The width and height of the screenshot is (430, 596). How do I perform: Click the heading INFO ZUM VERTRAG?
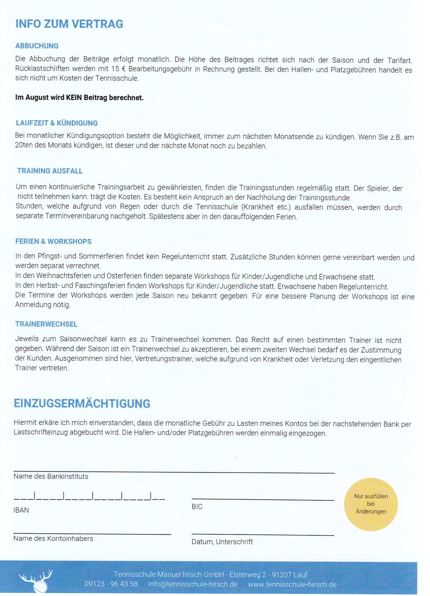[69, 24]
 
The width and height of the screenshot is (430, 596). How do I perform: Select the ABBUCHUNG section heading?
[37, 46]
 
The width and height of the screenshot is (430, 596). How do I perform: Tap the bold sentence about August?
[79, 98]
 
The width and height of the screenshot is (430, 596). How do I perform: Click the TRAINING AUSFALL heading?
[50, 171]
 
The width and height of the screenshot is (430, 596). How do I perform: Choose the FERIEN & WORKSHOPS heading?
[53, 241]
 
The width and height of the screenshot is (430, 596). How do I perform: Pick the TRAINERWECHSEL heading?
[46, 324]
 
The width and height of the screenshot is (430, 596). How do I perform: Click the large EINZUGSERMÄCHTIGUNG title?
[82, 403]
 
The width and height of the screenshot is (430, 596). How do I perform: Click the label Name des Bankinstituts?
[51, 476]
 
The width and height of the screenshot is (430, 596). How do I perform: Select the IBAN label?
[21, 510]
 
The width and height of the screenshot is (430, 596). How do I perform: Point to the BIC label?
[197, 506]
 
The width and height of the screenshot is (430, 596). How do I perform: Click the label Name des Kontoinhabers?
[53, 538]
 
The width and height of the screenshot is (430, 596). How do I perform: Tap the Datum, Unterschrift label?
[222, 542]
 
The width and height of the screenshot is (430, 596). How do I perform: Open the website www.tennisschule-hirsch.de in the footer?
[292, 584]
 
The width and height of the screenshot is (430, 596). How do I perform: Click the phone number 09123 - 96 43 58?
[111, 584]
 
